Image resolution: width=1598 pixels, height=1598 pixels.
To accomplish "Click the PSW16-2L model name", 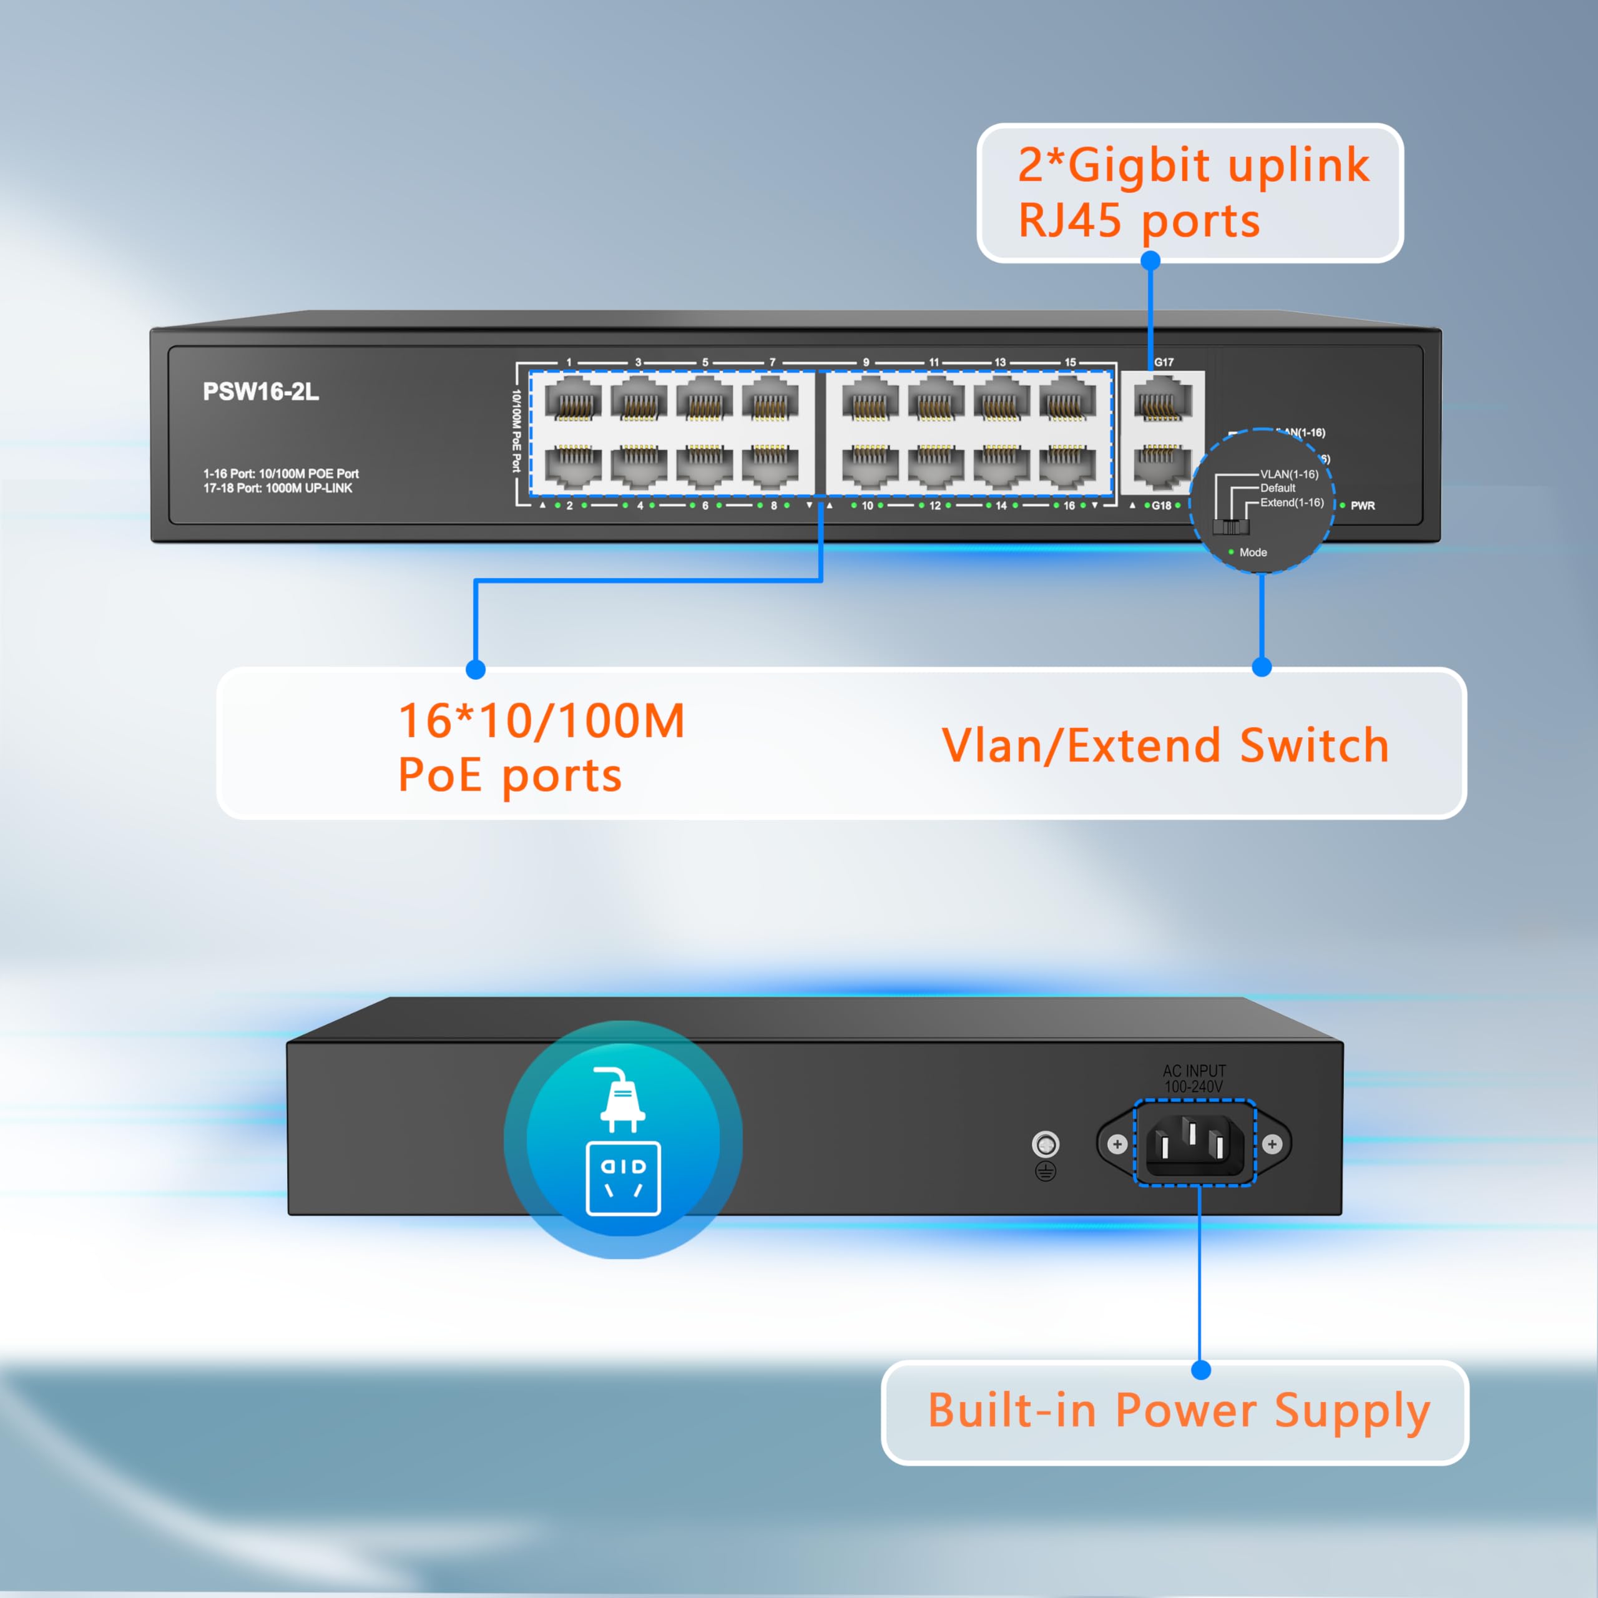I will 260,392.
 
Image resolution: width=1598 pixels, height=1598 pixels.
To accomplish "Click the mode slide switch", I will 1231,527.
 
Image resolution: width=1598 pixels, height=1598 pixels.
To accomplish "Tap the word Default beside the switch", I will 1278,488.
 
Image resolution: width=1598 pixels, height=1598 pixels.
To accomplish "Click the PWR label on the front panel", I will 1362,506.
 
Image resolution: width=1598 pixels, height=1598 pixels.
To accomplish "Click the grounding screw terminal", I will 1046,1145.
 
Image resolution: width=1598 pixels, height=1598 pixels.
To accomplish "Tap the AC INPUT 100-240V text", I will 1194,1079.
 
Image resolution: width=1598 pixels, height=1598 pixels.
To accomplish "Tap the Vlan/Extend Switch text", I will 1165,745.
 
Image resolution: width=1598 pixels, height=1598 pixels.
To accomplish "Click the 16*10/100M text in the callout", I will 542,720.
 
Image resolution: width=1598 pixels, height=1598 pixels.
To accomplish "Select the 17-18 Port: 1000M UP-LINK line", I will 278,489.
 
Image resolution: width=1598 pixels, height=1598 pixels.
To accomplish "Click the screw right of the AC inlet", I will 1272,1144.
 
